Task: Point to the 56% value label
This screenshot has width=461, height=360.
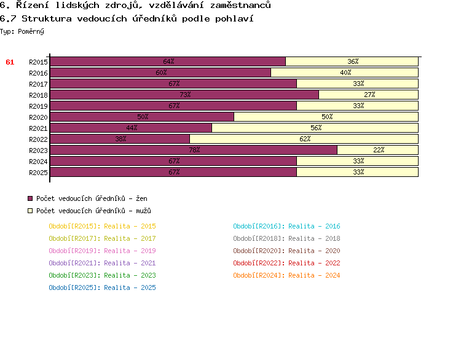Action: pos(316,128)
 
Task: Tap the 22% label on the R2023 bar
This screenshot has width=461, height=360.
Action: pos(379,150)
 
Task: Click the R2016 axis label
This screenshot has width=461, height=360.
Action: pos(38,73)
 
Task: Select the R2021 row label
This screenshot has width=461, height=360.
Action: pos(38,128)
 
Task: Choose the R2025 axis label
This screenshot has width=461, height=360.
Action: pos(38,173)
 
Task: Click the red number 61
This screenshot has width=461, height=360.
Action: pos(10,62)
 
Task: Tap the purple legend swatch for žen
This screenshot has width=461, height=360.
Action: pos(30,198)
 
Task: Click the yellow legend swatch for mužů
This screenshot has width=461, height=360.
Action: pos(30,211)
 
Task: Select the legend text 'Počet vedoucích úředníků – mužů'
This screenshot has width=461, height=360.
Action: pos(92,211)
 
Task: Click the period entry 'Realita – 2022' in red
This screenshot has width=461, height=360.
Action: pos(286,263)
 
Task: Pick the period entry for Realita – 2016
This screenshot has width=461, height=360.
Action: pos(286,226)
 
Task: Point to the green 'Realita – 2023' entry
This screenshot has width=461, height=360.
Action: pos(102,275)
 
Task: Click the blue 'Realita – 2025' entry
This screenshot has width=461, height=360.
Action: pos(102,288)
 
